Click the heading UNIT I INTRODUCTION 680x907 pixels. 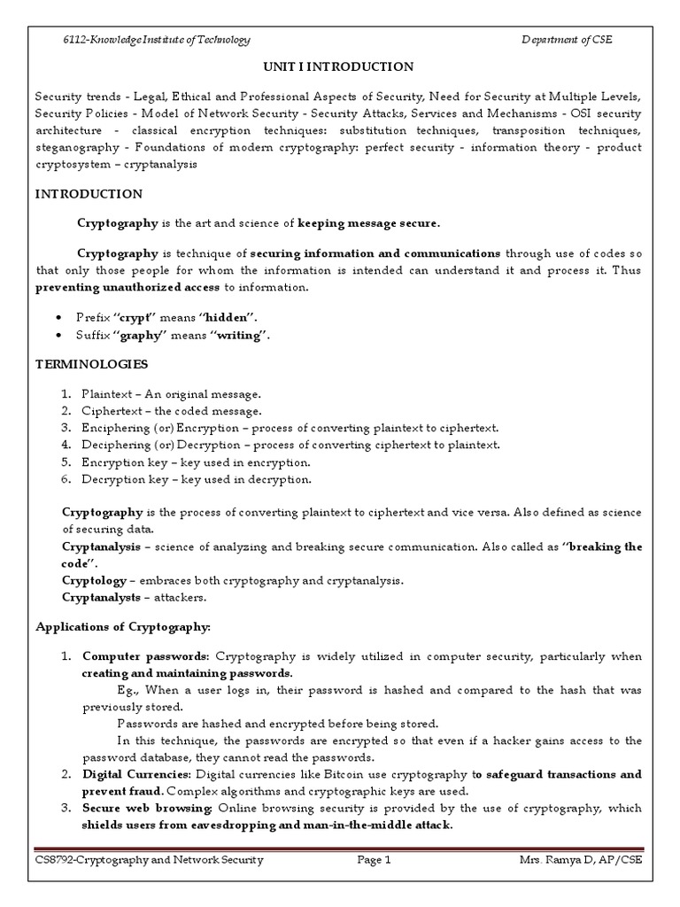pyautogui.click(x=339, y=66)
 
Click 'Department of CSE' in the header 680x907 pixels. pyautogui.click(x=568, y=39)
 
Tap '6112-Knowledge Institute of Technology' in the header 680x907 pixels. pyautogui.click(x=156, y=39)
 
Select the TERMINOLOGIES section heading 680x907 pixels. pyautogui.click(x=91, y=364)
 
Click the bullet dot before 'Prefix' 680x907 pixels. pyautogui.click(x=58, y=318)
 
